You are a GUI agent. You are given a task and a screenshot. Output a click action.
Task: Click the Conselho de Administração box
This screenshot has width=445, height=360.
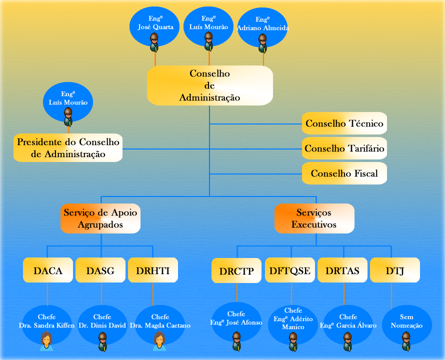[x=209, y=85]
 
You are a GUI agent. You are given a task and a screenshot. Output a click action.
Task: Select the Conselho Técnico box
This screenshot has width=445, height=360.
[x=344, y=123]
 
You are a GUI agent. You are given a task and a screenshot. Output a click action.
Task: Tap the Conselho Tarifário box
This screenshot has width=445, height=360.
[x=344, y=148]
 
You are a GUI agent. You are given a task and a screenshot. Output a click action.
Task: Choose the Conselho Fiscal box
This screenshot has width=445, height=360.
[x=344, y=173]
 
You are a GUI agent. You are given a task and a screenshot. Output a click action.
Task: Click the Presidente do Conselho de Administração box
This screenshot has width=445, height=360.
[x=68, y=148]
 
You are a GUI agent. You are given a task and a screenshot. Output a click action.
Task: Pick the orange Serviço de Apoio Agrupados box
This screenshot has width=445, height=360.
[x=100, y=218]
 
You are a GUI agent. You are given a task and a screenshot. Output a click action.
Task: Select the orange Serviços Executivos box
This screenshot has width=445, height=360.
[x=314, y=218]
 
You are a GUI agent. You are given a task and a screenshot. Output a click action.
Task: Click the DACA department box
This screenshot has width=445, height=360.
[x=48, y=271]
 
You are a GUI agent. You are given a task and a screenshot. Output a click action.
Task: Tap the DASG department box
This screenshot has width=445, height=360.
[x=100, y=271]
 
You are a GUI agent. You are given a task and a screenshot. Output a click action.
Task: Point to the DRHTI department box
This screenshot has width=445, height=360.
[x=153, y=271]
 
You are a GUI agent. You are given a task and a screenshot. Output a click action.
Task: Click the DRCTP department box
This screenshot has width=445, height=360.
[x=236, y=271]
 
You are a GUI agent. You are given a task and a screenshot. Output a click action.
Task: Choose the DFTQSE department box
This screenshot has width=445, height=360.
[x=290, y=271]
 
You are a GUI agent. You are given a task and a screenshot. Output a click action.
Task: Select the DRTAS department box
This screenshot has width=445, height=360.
[x=342, y=271]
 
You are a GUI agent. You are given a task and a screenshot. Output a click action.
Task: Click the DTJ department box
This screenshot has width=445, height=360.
[x=395, y=271]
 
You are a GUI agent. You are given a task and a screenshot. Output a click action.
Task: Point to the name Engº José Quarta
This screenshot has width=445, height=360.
[x=155, y=23]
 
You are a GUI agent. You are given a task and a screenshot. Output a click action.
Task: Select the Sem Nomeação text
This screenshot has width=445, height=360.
[x=406, y=321]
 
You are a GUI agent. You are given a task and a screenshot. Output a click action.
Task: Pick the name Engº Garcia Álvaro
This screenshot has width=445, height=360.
[x=348, y=321]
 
